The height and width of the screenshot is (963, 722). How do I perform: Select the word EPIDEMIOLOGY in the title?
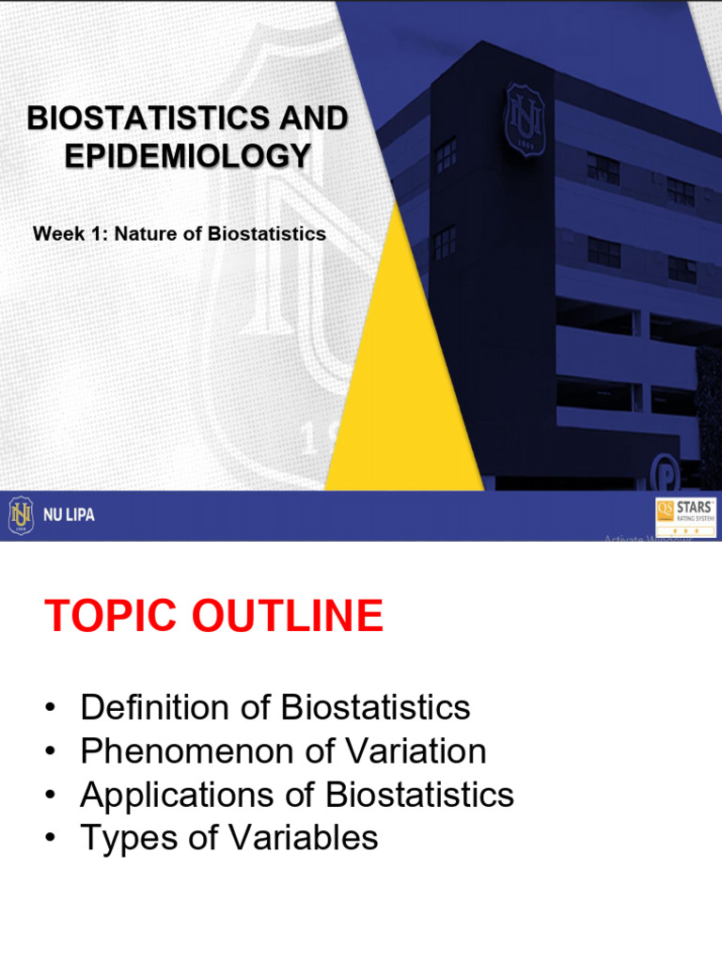(x=187, y=155)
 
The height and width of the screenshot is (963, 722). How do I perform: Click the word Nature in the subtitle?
(x=146, y=234)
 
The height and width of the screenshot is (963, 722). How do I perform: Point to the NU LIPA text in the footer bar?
(x=68, y=515)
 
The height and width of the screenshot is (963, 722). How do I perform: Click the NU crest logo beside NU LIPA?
(x=21, y=515)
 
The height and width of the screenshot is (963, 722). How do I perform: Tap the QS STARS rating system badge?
(x=685, y=515)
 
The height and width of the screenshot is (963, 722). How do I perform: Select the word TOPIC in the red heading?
(x=109, y=617)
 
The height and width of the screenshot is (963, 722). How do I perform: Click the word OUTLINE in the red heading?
(x=285, y=617)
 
